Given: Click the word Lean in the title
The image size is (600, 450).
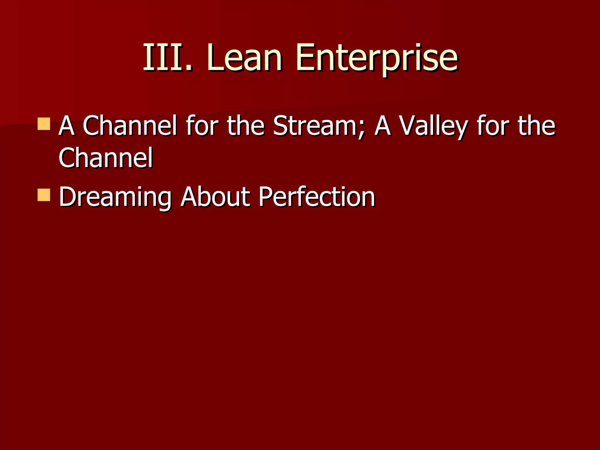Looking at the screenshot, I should coord(245,58).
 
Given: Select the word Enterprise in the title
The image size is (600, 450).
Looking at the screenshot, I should coord(376,58).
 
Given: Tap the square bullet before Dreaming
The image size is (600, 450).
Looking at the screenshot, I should coord(44,195).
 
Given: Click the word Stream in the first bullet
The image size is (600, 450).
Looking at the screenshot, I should coord(315,126).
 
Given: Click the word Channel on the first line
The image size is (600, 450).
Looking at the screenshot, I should coord(130,126).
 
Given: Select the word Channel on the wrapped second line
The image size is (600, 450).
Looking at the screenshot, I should coord(105,158).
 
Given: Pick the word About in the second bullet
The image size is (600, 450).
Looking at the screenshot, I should coord(215,197).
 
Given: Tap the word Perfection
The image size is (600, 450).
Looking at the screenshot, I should coord(316,197).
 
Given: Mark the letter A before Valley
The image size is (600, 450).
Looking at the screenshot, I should coord(383,126).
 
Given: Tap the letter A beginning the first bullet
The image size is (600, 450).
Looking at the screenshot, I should coord(67,126).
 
